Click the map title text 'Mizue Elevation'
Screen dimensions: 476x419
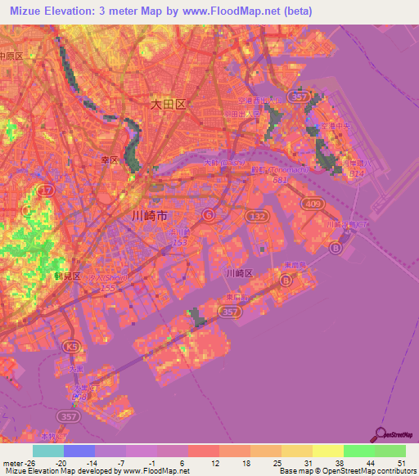point(50,11)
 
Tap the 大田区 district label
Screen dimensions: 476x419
point(169,105)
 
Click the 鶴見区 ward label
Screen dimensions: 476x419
point(67,276)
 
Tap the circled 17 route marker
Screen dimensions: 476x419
point(44,189)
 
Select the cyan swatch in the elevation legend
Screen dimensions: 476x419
point(48,451)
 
